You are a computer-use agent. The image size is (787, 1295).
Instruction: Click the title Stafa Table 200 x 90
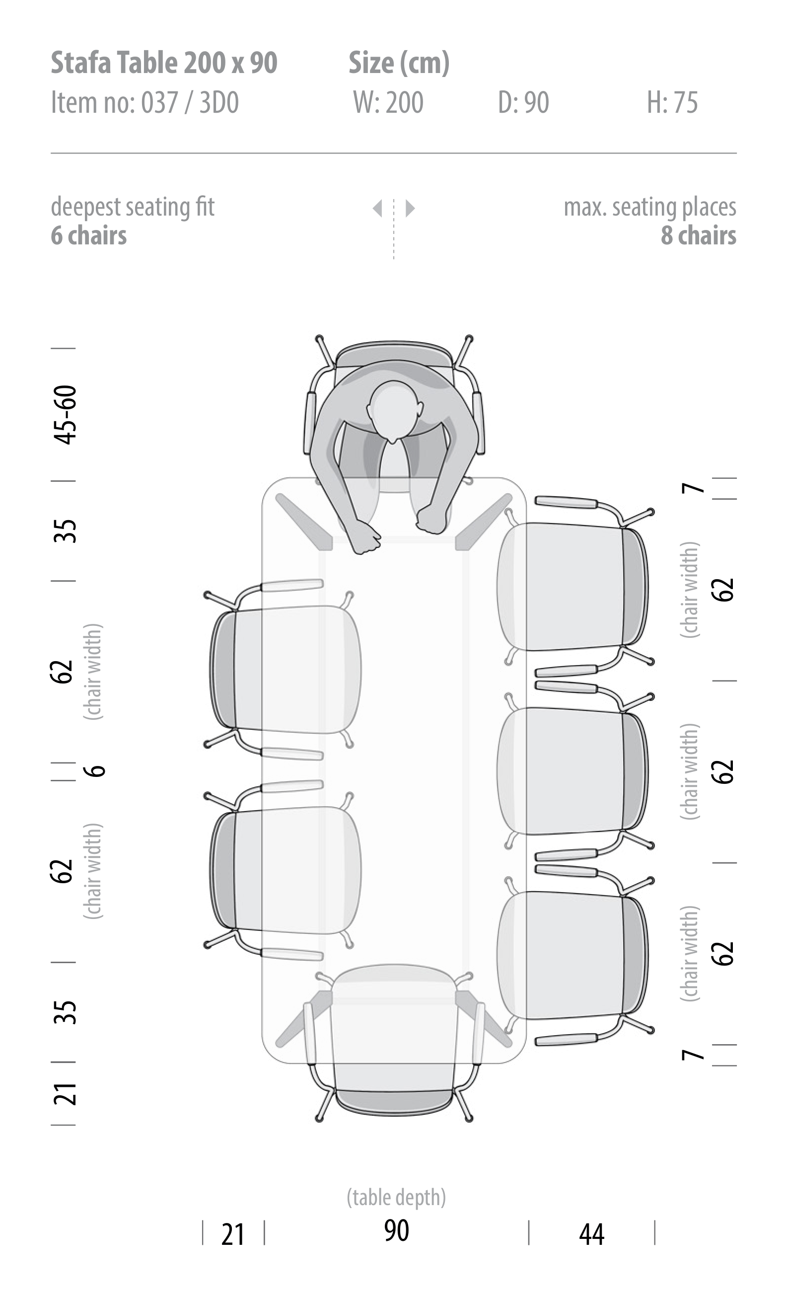click(163, 63)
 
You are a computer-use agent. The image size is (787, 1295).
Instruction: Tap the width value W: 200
click(388, 102)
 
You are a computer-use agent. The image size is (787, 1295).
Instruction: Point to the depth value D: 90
click(523, 102)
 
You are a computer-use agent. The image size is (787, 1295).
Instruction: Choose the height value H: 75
click(672, 102)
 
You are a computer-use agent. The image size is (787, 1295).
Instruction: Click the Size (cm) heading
click(399, 63)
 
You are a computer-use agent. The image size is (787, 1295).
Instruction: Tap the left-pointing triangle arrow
click(377, 208)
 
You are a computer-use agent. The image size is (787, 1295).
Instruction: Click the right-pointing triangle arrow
click(410, 208)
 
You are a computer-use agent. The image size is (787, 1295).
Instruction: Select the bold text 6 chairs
click(89, 235)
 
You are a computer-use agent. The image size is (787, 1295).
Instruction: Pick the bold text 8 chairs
click(698, 235)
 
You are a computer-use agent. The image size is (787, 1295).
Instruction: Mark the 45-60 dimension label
click(66, 415)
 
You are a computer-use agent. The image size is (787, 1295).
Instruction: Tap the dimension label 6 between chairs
click(95, 770)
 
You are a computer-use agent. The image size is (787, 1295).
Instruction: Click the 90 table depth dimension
click(396, 1230)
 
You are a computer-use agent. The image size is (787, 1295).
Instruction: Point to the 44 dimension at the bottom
click(591, 1234)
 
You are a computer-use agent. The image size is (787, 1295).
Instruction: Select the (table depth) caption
click(396, 1198)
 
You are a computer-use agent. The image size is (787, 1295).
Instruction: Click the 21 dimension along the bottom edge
click(233, 1234)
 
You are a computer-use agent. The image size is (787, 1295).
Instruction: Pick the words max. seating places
click(649, 207)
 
